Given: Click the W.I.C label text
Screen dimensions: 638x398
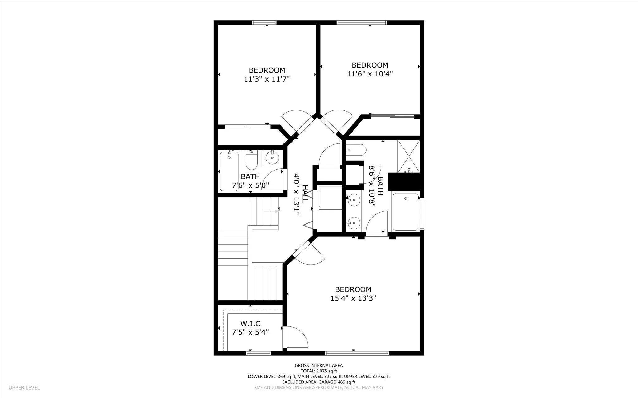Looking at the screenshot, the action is (x=250, y=324).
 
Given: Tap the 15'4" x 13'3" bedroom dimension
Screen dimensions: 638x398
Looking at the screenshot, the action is (x=353, y=298).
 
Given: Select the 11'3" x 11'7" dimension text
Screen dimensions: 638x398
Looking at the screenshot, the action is (x=267, y=79).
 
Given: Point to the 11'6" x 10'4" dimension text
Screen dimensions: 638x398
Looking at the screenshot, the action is (x=370, y=74).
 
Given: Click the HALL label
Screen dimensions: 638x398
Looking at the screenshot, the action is (x=305, y=194).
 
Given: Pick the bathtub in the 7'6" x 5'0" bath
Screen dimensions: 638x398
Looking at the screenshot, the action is (x=229, y=171).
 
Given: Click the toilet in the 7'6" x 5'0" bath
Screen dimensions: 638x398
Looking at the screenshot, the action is (x=251, y=159).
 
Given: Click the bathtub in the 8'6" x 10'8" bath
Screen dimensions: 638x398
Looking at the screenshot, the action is (x=405, y=212).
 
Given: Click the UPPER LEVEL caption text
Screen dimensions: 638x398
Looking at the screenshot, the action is (x=24, y=388).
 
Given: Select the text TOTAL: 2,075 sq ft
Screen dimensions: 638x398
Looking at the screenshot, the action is (x=319, y=371).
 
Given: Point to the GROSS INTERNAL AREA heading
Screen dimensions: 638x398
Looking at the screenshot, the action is (x=319, y=366).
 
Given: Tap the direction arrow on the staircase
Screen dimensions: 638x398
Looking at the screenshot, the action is (x=271, y=211).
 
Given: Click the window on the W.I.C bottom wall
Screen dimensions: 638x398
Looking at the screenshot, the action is (x=259, y=353).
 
